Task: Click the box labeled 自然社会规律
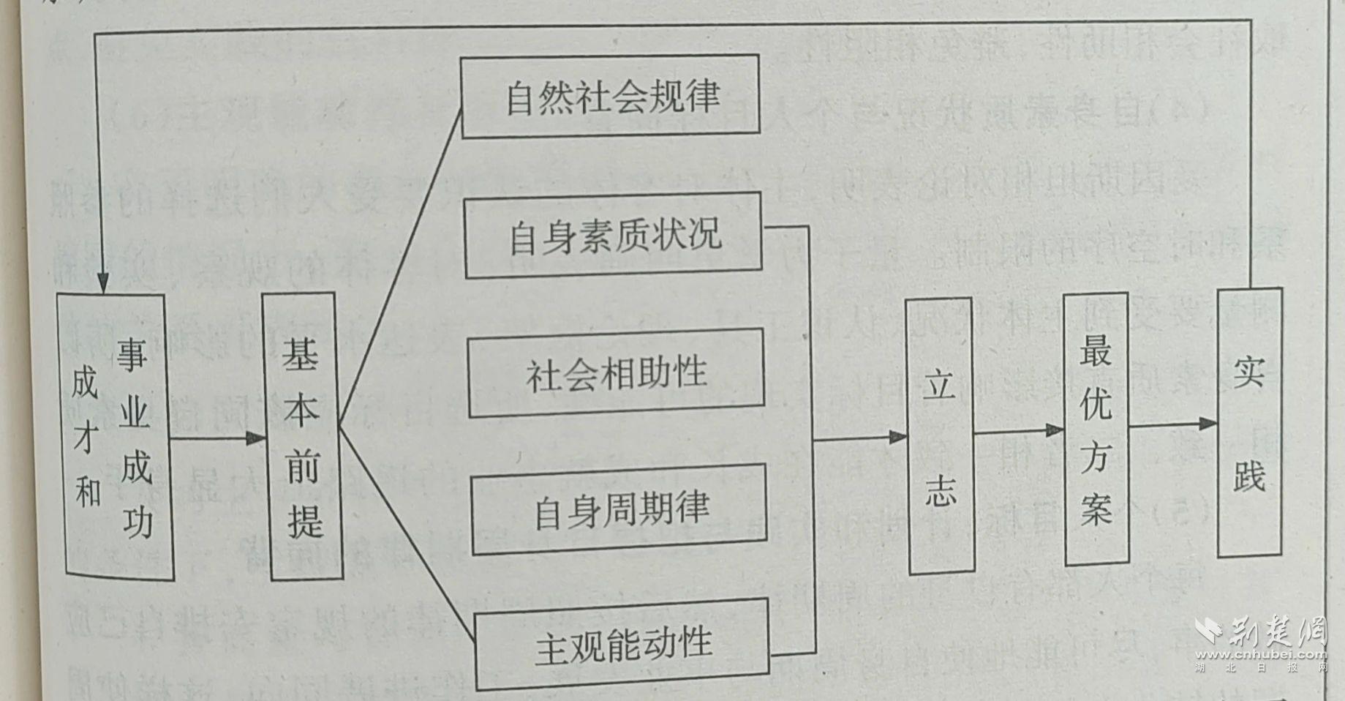(x=610, y=96)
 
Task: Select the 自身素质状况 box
(x=613, y=236)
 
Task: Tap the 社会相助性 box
(x=616, y=373)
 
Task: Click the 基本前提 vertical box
(x=303, y=437)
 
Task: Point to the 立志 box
(x=940, y=436)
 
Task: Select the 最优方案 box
(x=1096, y=429)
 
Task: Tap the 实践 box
(x=1249, y=423)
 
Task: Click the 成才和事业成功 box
(x=116, y=437)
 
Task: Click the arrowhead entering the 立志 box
(x=897, y=437)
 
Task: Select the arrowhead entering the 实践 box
(x=1208, y=423)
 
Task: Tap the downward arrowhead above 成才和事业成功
(x=102, y=283)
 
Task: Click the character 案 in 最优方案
(x=1096, y=508)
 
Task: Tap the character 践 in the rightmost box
(x=1249, y=476)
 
